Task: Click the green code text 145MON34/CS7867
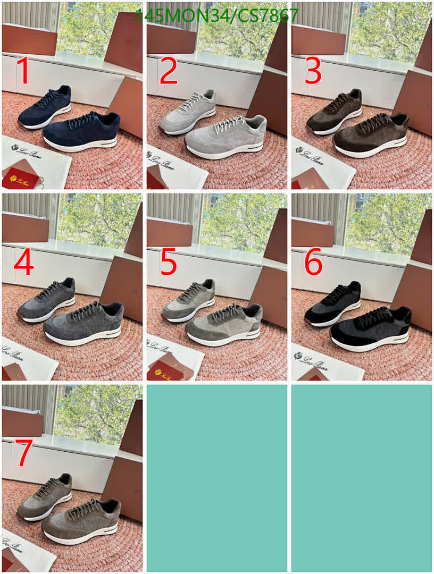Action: [217, 16]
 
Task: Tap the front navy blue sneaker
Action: [82, 132]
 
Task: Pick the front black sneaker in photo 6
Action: [370, 328]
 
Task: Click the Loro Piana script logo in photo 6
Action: [311, 362]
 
